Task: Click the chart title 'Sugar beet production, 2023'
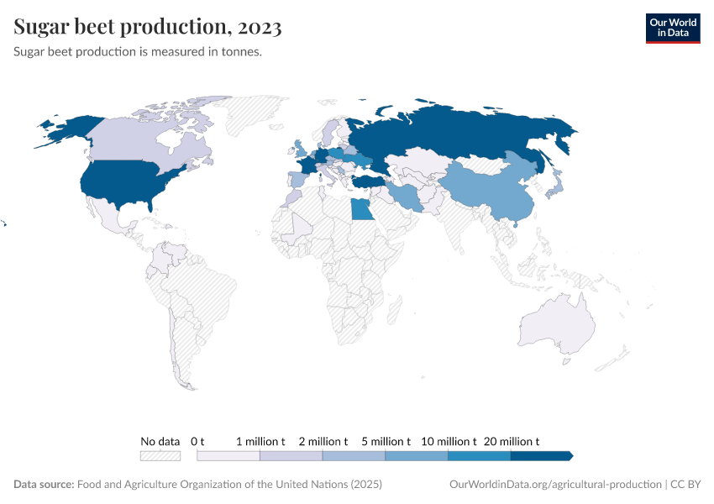point(148,27)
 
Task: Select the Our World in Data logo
point(672,28)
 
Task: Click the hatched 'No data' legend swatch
point(160,455)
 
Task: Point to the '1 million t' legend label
point(260,441)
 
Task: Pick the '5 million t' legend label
point(386,441)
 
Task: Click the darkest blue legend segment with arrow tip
point(541,455)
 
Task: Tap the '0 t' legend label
point(197,441)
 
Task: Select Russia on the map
point(462,134)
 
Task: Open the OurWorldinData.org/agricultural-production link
point(555,485)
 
